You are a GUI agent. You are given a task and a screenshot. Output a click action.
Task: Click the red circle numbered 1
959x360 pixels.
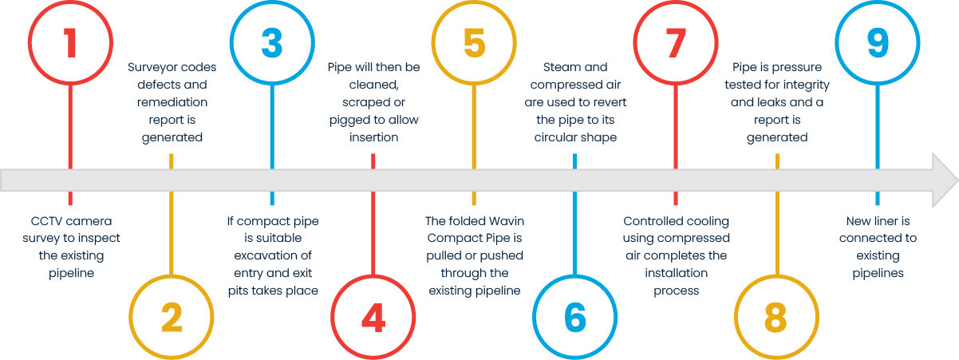pos(70,44)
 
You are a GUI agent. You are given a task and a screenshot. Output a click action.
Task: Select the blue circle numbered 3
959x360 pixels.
pos(272,44)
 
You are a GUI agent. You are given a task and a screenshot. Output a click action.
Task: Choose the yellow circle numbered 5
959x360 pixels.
pos(474,44)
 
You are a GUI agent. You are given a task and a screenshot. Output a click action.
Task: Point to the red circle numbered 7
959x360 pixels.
pos(676,44)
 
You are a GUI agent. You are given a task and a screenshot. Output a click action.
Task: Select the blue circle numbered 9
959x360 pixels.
pos(877,44)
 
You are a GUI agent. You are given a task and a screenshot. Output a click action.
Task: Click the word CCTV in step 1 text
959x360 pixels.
pos(44,221)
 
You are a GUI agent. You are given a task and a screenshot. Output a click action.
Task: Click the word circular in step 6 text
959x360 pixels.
pos(555,137)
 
